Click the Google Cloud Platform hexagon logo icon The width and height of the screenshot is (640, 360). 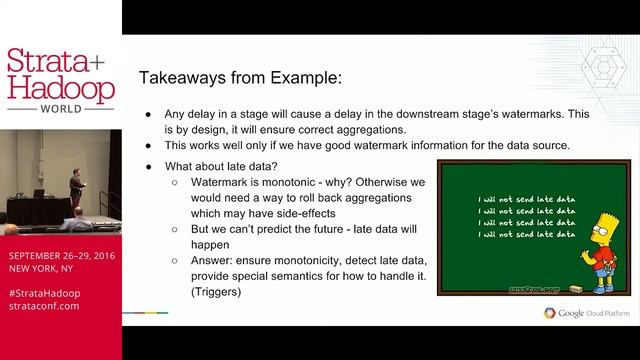[x=549, y=313]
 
